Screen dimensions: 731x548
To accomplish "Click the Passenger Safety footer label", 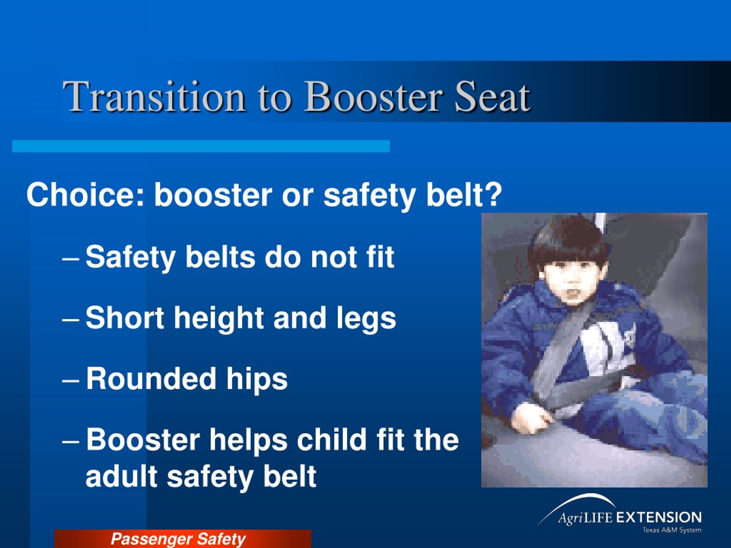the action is click(178, 539).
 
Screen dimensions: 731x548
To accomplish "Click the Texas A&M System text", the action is click(672, 530).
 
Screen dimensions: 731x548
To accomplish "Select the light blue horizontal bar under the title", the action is click(201, 146).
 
